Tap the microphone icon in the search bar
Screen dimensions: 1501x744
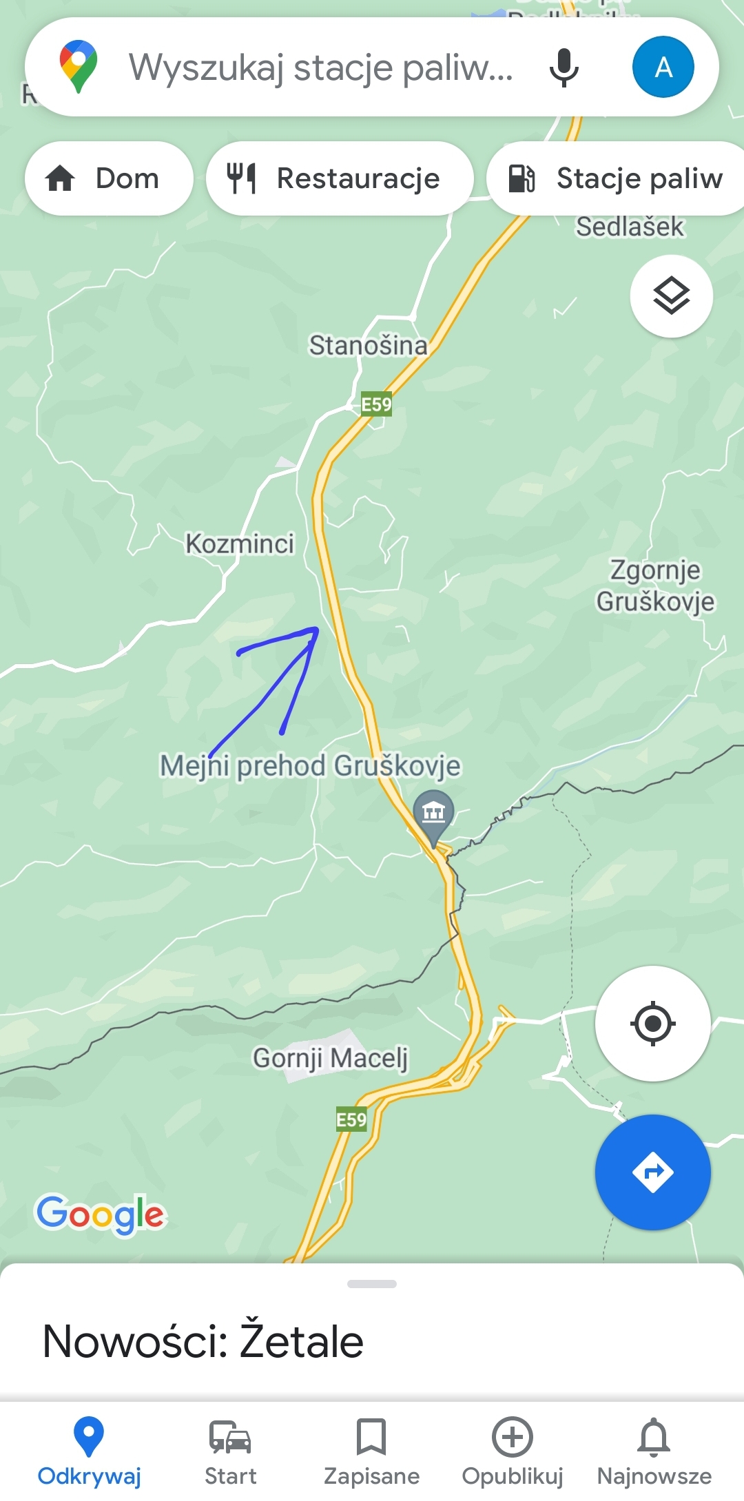click(564, 68)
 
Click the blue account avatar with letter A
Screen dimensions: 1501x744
click(663, 67)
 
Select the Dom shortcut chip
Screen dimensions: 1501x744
click(109, 178)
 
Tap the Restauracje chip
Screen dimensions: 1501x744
click(340, 178)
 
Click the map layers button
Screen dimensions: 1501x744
click(671, 296)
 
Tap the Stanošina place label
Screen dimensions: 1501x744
click(368, 345)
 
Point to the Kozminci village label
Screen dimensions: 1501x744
click(240, 544)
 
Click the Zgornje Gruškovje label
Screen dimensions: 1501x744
click(655, 586)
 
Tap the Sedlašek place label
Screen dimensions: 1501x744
click(630, 227)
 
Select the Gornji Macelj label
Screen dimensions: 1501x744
click(331, 1057)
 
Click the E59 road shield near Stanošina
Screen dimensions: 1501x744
click(377, 404)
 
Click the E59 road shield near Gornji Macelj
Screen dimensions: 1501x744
click(351, 1120)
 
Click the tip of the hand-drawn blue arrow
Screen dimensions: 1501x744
click(316, 630)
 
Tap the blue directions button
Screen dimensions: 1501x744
click(652, 1172)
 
